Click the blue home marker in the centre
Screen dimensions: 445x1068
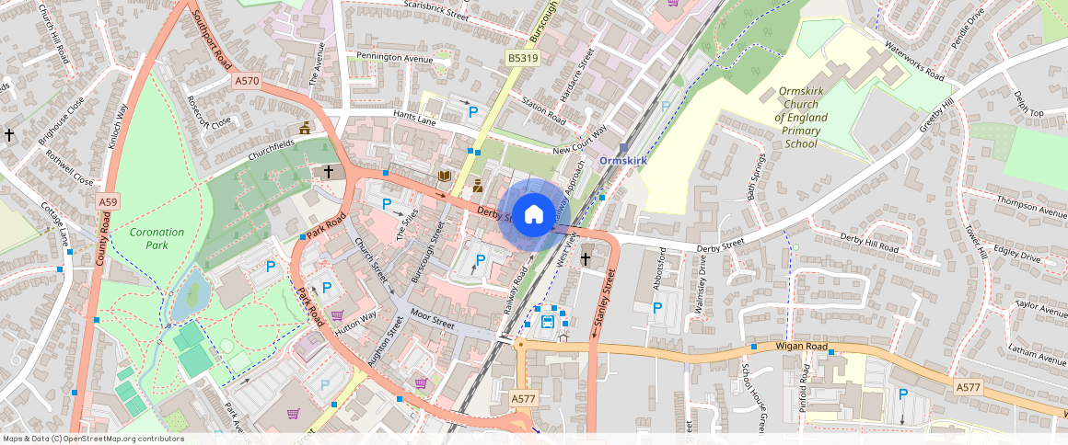pos(533,216)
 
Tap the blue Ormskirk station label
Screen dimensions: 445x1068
pos(623,160)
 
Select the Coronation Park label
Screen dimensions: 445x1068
pos(157,238)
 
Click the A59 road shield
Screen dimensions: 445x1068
pos(108,200)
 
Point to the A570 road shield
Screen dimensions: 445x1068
pos(247,82)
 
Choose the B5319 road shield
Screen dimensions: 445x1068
pos(523,58)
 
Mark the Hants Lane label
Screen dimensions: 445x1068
pos(414,119)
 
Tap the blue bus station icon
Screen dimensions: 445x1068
pos(548,321)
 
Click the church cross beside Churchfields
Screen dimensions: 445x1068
pos(328,171)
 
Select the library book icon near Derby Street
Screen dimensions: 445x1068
pos(446,176)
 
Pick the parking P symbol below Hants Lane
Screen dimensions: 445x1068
pos(474,112)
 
